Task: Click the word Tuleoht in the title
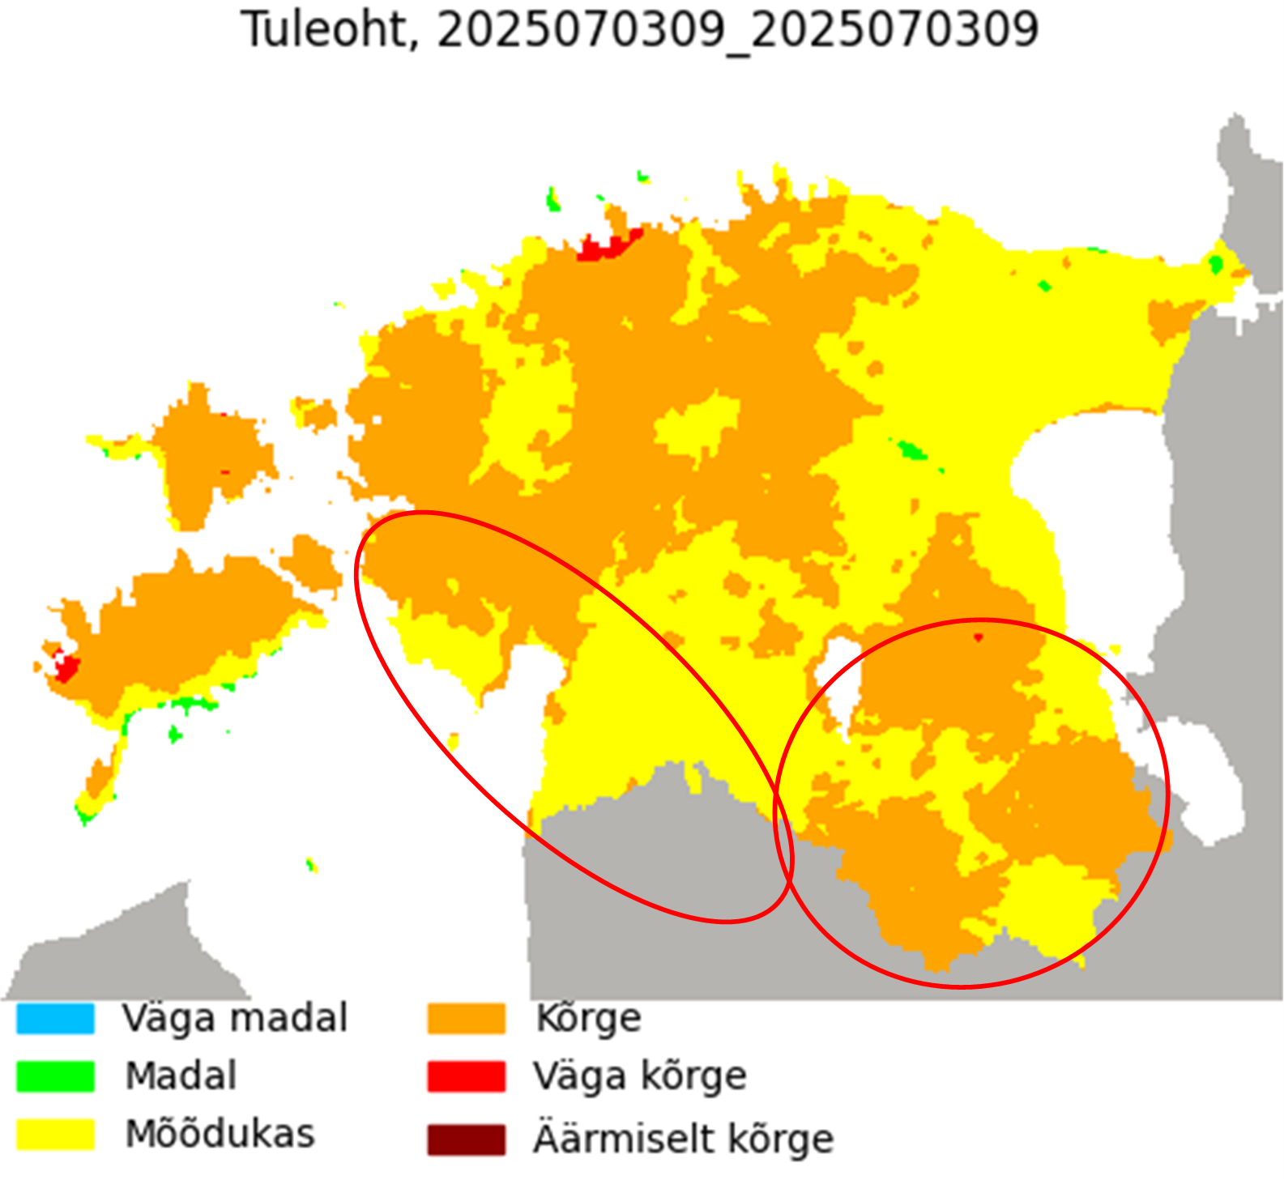[324, 30]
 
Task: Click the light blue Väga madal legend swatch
[55, 1018]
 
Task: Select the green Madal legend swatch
[55, 1076]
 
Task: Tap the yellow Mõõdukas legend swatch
[55, 1134]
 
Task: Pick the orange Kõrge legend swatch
[466, 1018]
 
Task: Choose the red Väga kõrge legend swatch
[466, 1076]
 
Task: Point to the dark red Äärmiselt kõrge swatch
[466, 1139]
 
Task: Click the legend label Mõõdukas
[220, 1134]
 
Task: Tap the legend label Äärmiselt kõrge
[683, 1139]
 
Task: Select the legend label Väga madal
[235, 1018]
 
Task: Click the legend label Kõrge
[588, 1018]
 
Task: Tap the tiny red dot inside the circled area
[978, 637]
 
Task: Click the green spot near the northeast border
[1215, 263]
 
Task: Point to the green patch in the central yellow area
[911, 449]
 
